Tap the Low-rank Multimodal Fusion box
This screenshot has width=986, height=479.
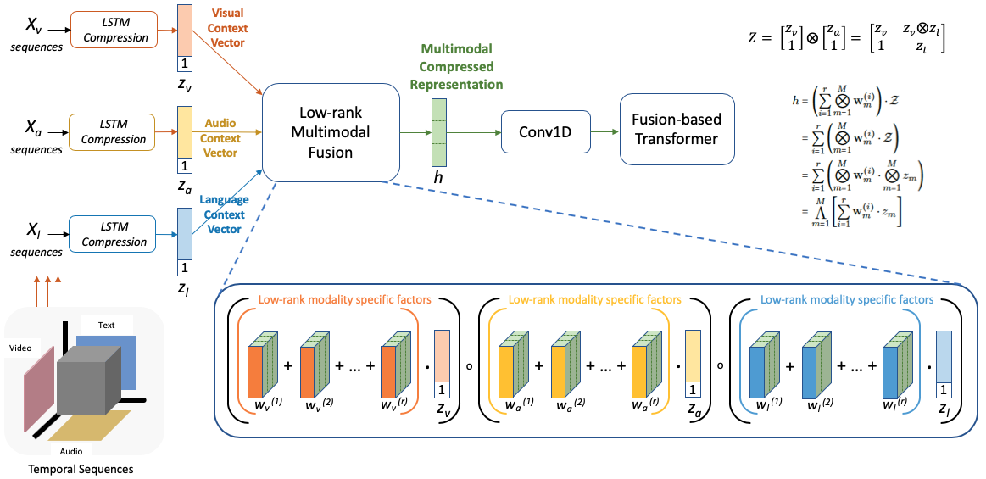331,132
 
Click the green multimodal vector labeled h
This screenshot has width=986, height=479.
438,132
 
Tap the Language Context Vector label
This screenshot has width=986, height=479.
224,214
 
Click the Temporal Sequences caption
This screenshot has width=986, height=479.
81,468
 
